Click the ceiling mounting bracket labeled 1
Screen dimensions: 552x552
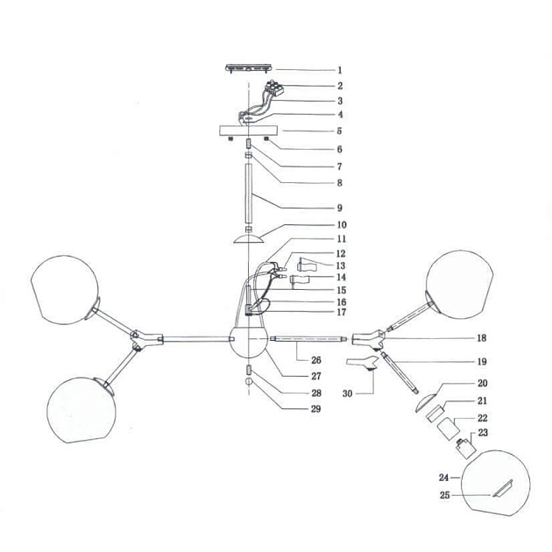[249, 67]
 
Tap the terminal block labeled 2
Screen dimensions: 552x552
[279, 88]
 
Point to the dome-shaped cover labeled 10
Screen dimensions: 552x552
[249, 237]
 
